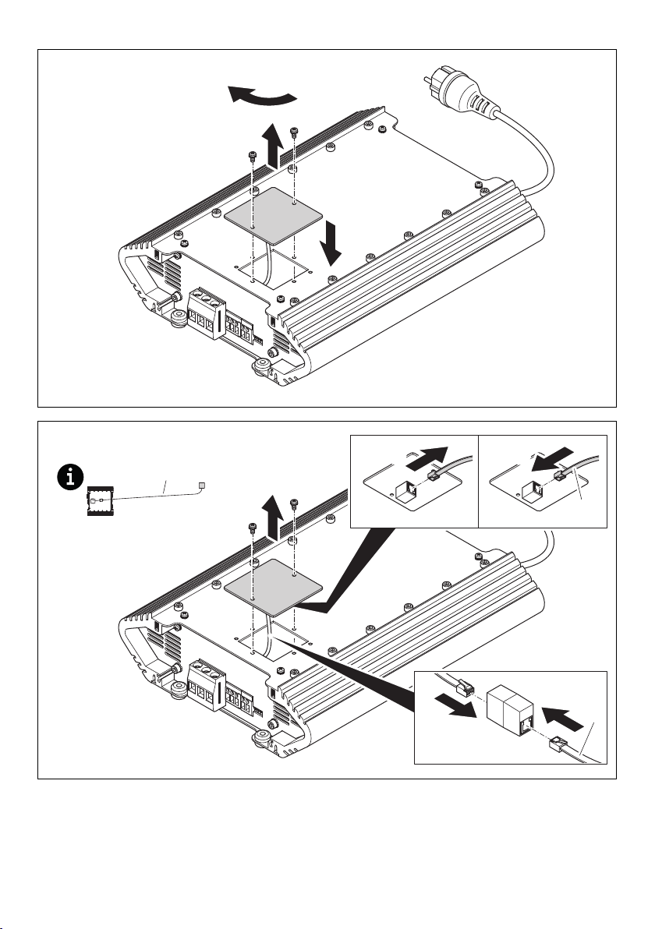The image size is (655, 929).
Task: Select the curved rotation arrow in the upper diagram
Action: coord(263,97)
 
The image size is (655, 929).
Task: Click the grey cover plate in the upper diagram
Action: coord(269,213)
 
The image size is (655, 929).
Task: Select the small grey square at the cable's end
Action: coord(201,486)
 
